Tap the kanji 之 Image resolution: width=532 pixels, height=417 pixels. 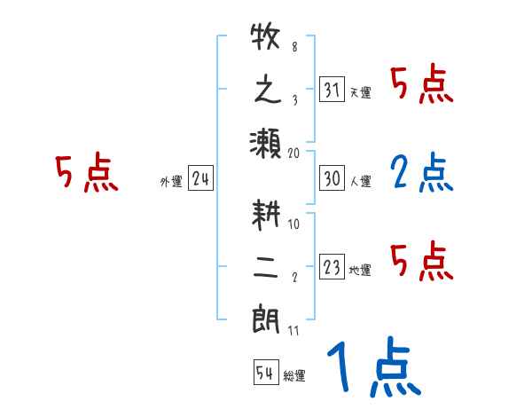tap(266, 91)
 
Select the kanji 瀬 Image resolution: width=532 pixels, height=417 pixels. tap(266, 142)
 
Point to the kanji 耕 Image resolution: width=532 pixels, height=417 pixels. tap(266, 216)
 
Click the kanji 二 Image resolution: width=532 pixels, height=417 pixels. tap(266, 267)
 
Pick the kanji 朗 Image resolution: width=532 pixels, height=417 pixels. tap(266, 318)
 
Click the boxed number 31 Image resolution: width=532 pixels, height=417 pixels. tap(332, 90)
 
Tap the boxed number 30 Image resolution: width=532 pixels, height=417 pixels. tap(332, 178)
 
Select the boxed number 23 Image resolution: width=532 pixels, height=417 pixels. tap(332, 267)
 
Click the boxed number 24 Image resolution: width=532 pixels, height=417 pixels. tap(200, 178)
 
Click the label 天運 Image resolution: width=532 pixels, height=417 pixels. tap(360, 92)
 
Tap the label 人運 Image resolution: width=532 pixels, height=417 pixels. tap(360, 181)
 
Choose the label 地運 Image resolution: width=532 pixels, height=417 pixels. tap(360, 270)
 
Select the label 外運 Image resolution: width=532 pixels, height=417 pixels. tap(171, 181)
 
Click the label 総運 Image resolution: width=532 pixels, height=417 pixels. tap(293, 375)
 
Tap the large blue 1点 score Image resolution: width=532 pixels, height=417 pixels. tap(372, 368)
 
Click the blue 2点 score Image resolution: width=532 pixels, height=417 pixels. tap(421, 174)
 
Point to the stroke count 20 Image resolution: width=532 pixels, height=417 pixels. tap(294, 153)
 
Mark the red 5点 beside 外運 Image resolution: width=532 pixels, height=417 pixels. tap(86, 174)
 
